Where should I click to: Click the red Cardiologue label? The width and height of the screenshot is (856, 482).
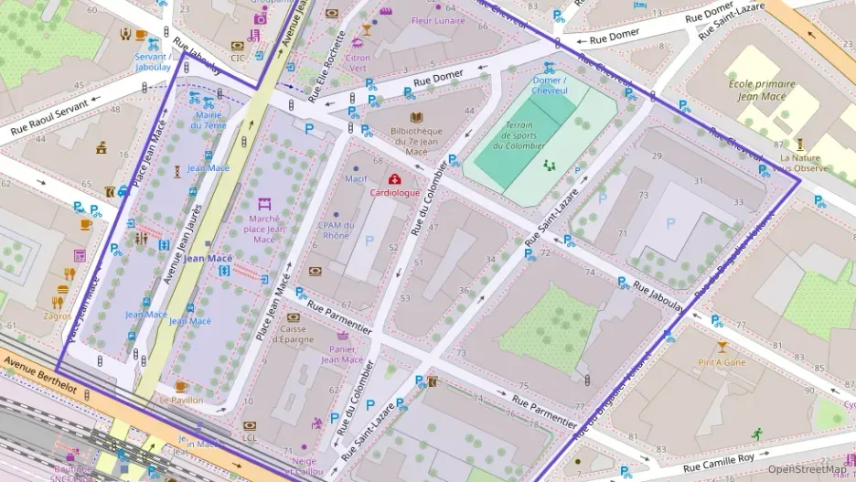(394, 193)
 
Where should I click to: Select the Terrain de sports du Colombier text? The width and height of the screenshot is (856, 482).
(519, 135)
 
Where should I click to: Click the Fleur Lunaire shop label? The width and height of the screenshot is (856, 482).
(438, 20)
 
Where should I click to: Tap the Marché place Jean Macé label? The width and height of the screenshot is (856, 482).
(263, 229)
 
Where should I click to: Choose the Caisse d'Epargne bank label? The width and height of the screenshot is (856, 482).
(294, 334)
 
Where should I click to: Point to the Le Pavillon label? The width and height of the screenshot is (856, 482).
(179, 400)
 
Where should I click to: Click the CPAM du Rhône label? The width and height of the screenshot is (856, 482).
(335, 230)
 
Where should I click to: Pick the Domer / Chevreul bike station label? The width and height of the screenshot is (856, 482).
(550, 85)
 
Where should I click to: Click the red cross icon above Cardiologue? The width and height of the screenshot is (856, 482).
(394, 179)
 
